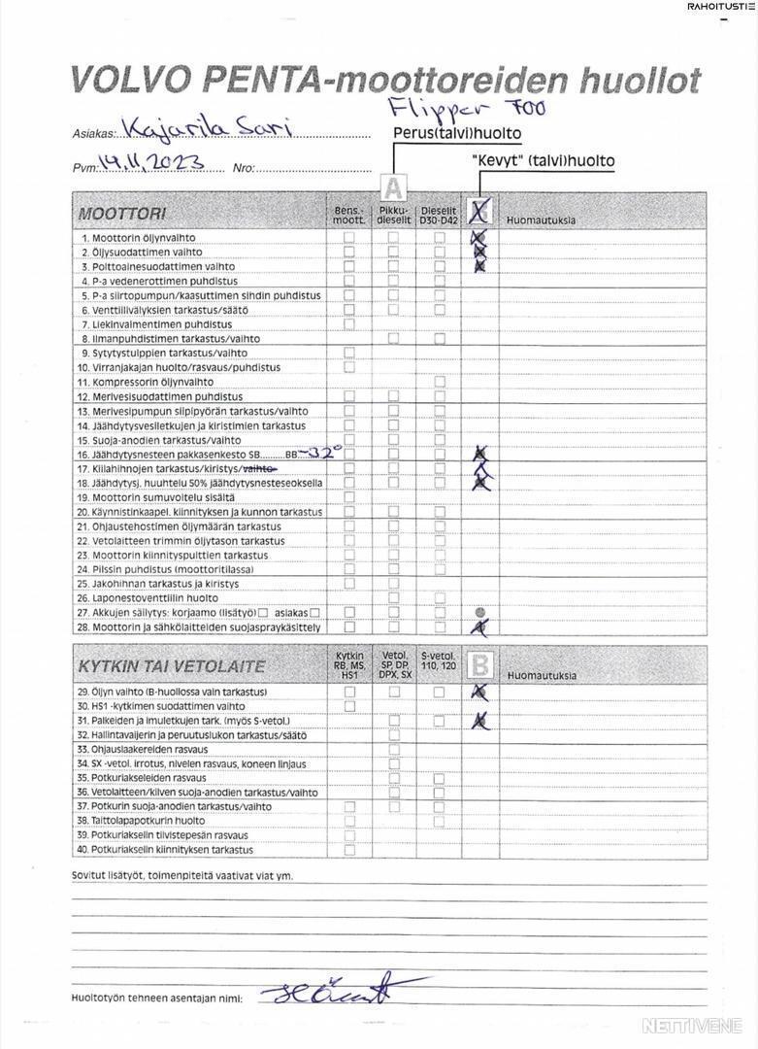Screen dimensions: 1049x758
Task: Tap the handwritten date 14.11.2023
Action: point(154,164)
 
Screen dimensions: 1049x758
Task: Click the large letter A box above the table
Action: point(393,186)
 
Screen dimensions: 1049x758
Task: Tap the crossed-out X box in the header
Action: point(479,210)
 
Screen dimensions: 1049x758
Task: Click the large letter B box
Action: point(479,664)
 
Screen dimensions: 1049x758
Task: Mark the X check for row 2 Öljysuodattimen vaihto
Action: point(478,252)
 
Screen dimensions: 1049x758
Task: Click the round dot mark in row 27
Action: point(479,613)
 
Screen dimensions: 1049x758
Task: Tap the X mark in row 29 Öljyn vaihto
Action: point(478,692)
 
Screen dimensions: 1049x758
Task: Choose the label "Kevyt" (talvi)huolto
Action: point(543,161)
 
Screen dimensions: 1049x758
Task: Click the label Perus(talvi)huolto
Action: point(457,133)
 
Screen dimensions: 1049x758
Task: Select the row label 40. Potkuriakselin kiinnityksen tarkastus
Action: point(166,850)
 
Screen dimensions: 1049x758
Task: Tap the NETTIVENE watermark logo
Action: point(694,1025)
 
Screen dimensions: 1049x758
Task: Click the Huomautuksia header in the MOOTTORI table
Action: point(541,220)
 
